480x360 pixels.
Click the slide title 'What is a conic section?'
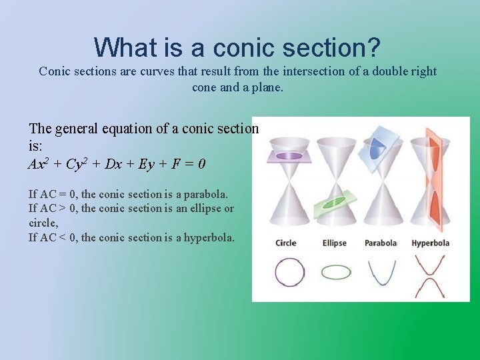[237, 47]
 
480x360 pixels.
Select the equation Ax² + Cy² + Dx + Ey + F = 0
[117, 163]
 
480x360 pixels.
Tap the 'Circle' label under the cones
[285, 243]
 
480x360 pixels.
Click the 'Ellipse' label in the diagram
[334, 243]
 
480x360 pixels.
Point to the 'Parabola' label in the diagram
[380, 243]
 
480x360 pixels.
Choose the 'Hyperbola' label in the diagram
[430, 243]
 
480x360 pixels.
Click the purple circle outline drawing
[289, 272]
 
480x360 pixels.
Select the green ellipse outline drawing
[336, 272]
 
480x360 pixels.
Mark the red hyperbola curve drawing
[430, 275]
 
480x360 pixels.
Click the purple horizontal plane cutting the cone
[289, 156]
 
